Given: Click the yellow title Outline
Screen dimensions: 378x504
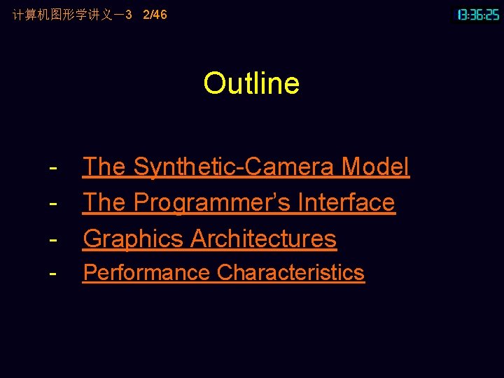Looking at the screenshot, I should pos(251,83).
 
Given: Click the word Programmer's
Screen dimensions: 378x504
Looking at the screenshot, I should pos(212,202).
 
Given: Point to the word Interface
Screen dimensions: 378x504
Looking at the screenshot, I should pos(346,202).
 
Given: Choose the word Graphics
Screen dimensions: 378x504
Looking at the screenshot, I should pos(134,239).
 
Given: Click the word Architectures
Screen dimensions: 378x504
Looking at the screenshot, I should pos(263,239).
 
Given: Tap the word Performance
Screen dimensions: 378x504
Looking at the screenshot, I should pos(147,272).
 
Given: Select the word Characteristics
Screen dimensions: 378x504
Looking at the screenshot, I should pos(290,272).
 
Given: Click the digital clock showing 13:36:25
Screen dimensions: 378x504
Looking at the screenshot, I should pos(478,14).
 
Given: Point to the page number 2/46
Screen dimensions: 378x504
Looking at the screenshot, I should pos(155,14).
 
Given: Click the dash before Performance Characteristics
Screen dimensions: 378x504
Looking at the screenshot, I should pos(53,273).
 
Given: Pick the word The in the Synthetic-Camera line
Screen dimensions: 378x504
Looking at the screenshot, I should pos(104,167).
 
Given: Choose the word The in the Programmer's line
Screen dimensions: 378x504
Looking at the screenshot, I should pos(104,202).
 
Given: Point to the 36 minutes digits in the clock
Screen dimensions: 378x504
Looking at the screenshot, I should pos(479,14).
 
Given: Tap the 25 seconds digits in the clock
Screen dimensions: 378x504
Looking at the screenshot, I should pos(493,14).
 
